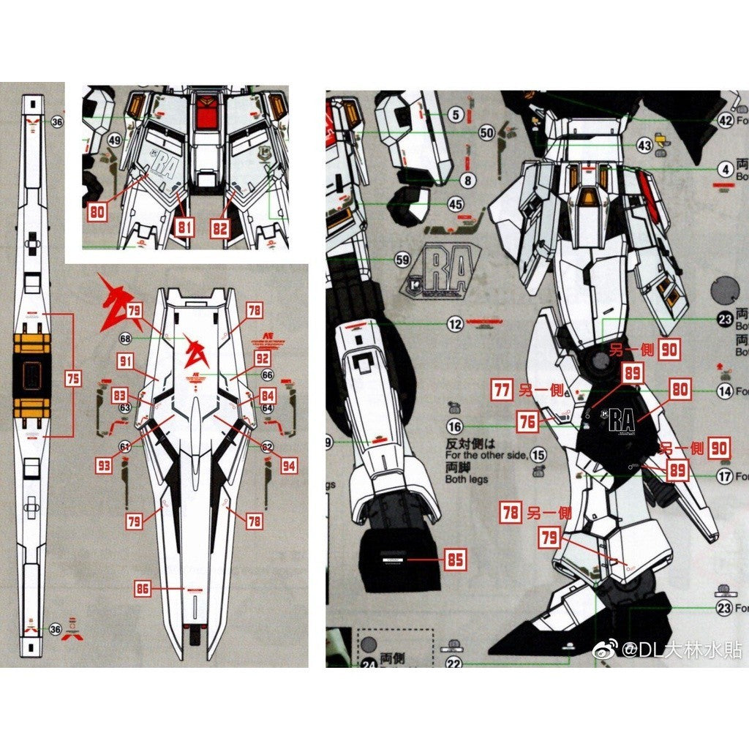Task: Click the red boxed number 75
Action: pos(72,379)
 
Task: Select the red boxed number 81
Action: pos(184,227)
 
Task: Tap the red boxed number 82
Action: pos(220,227)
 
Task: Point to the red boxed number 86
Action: pos(143,587)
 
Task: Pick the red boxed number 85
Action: pos(455,560)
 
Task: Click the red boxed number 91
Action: pos(126,361)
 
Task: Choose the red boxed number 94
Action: pos(288,464)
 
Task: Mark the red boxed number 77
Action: pos(501,390)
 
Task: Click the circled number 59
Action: pos(402,259)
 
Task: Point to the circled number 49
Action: pos(113,140)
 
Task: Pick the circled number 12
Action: pos(456,325)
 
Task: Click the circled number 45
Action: pos(456,205)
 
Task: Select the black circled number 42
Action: pos(725,121)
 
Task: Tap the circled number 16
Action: pos(455,427)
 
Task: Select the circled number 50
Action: pos(487,132)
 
